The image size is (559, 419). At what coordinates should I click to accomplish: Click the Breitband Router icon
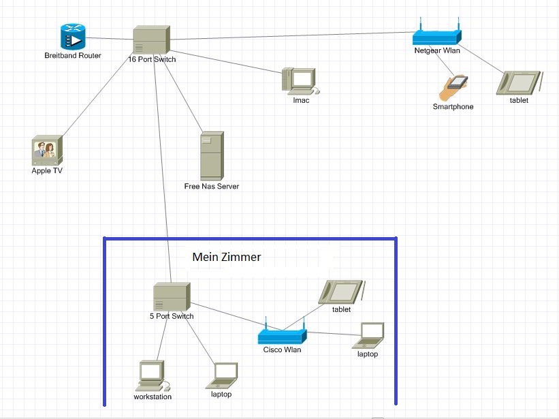[72, 36]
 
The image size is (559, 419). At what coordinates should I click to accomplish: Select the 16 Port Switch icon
[151, 40]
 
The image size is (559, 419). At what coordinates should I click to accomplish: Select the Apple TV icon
[47, 151]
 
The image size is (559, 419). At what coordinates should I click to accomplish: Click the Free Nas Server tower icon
[211, 156]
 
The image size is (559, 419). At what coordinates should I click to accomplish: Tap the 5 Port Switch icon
[171, 297]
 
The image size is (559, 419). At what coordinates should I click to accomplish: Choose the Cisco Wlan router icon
[282, 335]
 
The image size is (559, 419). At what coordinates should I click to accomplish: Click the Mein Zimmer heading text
[226, 257]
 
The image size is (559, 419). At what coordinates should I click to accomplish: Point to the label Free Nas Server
[211, 186]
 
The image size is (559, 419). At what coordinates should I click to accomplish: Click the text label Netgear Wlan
[436, 50]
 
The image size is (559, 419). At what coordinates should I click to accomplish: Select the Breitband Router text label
[72, 55]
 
